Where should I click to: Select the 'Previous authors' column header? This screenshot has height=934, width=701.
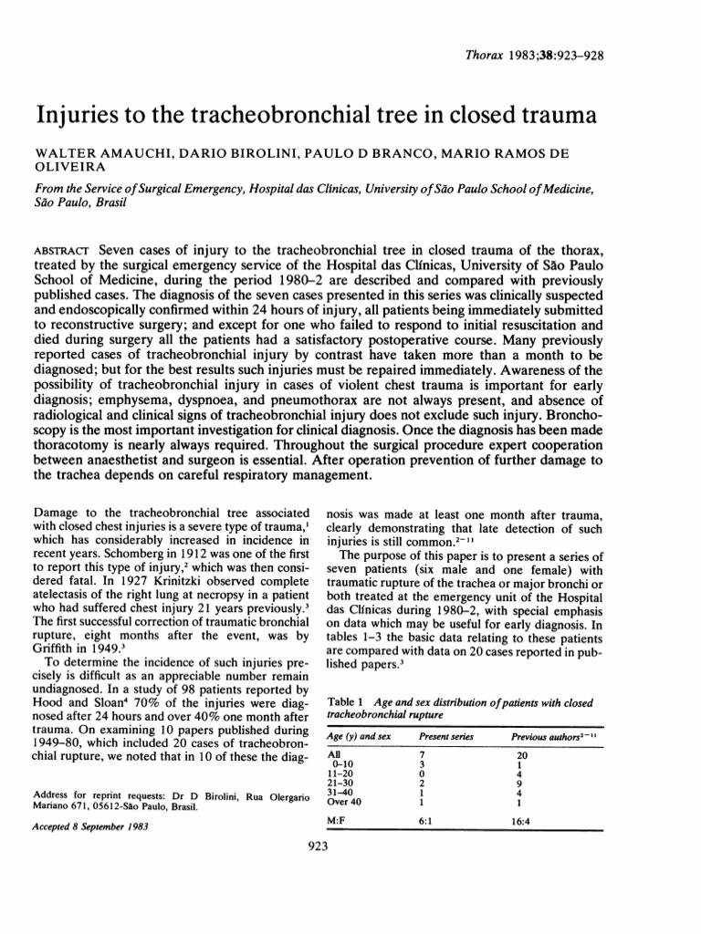550,735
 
